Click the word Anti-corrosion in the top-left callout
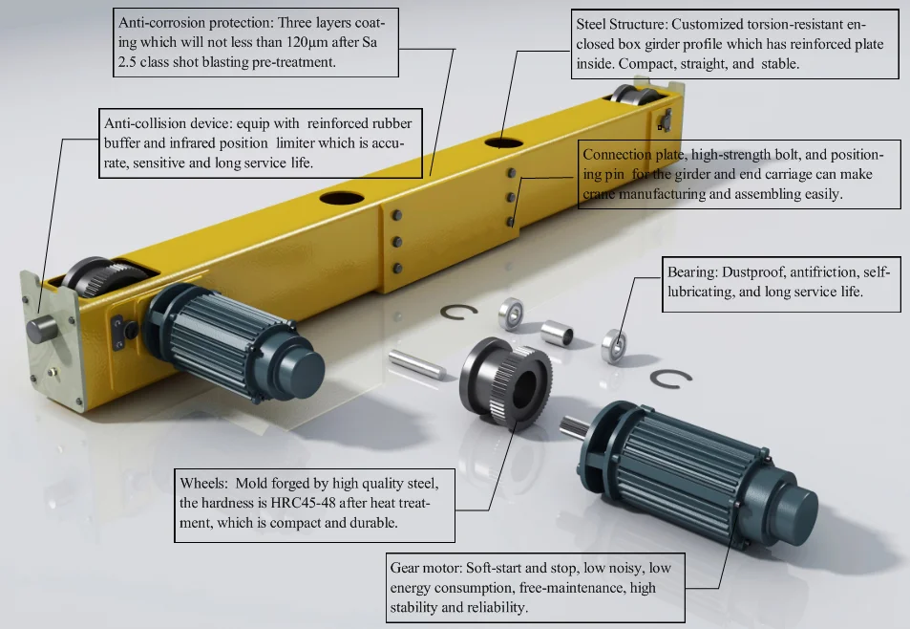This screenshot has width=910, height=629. click(161, 21)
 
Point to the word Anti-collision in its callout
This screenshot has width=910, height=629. click(141, 123)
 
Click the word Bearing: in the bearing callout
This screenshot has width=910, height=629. click(694, 272)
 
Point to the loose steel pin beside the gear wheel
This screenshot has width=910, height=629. click(415, 363)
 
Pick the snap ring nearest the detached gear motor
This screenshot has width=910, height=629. click(672, 380)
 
